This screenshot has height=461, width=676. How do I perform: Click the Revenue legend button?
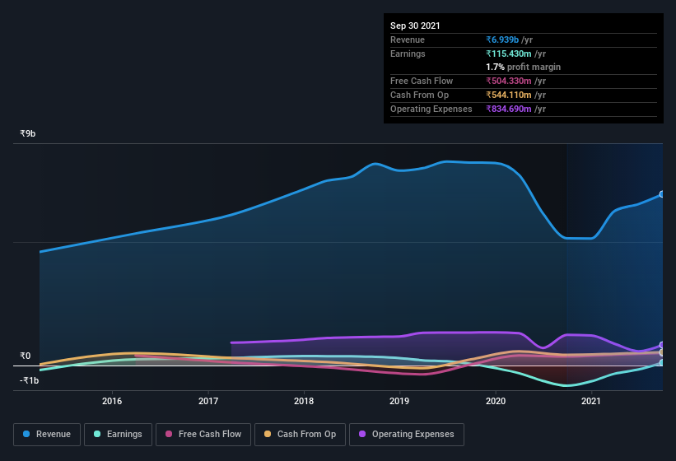47,434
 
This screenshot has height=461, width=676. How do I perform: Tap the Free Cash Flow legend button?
203,434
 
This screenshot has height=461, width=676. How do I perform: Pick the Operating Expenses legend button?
406,434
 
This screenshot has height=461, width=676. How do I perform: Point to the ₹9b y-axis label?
29,133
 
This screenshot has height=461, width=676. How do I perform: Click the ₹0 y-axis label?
26,356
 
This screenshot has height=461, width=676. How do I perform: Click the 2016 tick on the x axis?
112,401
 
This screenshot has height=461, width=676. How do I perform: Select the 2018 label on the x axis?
304,401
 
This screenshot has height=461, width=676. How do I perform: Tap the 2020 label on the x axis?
496,401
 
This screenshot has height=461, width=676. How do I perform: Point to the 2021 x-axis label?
590,401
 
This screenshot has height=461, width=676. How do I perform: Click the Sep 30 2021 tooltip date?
415,26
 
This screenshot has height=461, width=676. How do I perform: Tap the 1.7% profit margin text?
524,67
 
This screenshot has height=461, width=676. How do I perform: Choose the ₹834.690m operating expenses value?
515,109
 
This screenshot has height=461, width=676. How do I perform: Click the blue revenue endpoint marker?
661,194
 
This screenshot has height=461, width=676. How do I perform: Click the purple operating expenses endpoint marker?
661,346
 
